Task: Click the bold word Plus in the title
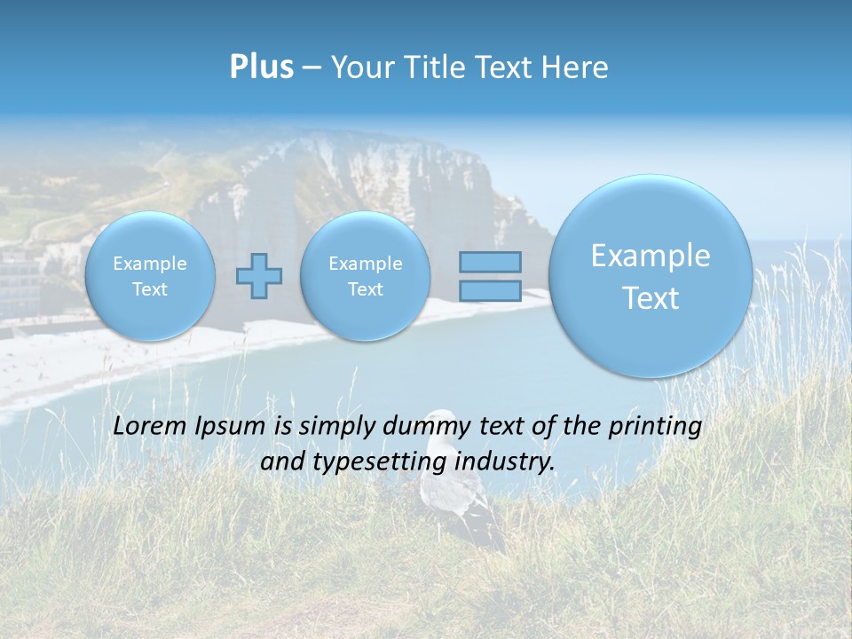pos(261,67)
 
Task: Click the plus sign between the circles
pos(259,276)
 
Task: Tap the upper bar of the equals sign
pos(490,262)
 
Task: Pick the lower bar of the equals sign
pos(490,290)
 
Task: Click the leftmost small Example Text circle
pos(150,276)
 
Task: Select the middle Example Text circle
pos(365,276)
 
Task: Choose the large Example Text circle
pos(651,276)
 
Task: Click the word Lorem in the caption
pos(148,426)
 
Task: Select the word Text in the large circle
pos(651,298)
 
